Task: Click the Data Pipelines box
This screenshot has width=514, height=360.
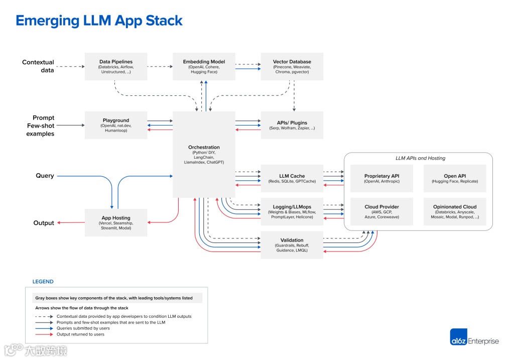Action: (116, 66)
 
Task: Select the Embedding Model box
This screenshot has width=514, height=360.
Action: (204, 66)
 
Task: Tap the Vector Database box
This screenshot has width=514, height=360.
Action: (292, 66)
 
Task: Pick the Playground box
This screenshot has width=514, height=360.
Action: (116, 125)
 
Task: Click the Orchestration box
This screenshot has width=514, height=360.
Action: (204, 154)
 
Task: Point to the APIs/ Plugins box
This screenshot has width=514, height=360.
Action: (292, 125)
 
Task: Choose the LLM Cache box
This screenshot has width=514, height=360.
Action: (292, 178)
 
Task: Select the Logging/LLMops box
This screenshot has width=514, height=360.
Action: (292, 211)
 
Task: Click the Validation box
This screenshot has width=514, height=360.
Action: (292, 245)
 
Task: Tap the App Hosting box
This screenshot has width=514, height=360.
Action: (116, 222)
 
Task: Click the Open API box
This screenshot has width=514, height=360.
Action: (455, 178)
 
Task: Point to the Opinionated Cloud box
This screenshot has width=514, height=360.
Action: (455, 211)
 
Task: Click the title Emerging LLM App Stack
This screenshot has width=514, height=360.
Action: (99, 21)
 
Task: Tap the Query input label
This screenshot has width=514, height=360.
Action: (45, 176)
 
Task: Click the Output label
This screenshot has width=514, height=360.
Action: (44, 223)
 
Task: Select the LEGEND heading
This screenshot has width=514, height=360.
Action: (43, 282)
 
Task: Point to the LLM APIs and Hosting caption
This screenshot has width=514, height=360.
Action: (420, 158)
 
